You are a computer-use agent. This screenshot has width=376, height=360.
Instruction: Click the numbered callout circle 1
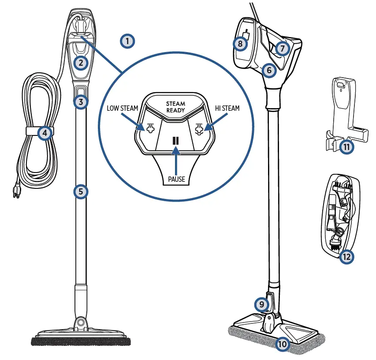click(127, 41)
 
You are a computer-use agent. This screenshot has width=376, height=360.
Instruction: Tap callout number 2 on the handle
click(80, 63)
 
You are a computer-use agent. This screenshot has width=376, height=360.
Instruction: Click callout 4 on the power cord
click(45, 132)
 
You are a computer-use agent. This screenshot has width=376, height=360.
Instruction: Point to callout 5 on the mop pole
click(80, 191)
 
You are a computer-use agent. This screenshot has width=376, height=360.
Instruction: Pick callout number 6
click(268, 70)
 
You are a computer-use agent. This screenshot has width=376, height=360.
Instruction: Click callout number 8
click(240, 44)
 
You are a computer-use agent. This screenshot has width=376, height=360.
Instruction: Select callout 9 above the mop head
click(261, 304)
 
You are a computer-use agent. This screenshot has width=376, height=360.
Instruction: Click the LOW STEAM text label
click(122, 109)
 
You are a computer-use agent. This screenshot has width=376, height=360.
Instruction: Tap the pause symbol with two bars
click(175, 140)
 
